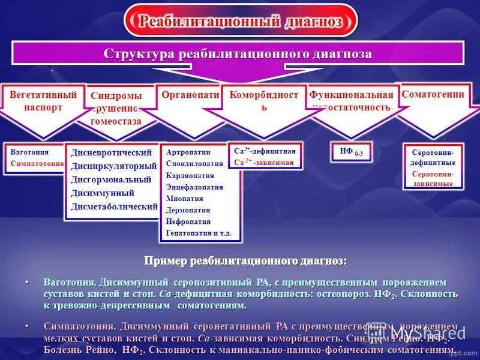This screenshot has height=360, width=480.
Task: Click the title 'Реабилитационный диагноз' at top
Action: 241,21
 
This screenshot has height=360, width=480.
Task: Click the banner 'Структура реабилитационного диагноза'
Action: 238,54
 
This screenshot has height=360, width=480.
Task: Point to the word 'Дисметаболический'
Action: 114,206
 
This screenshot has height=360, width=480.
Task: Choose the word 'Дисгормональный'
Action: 111,179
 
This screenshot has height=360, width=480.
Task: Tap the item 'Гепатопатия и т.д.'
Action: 199,233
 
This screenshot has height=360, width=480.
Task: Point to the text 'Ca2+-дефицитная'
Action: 265,151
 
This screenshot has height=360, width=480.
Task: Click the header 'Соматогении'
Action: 425,94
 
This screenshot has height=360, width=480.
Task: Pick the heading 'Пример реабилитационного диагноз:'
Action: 245,261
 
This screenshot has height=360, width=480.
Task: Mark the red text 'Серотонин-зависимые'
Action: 433,178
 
